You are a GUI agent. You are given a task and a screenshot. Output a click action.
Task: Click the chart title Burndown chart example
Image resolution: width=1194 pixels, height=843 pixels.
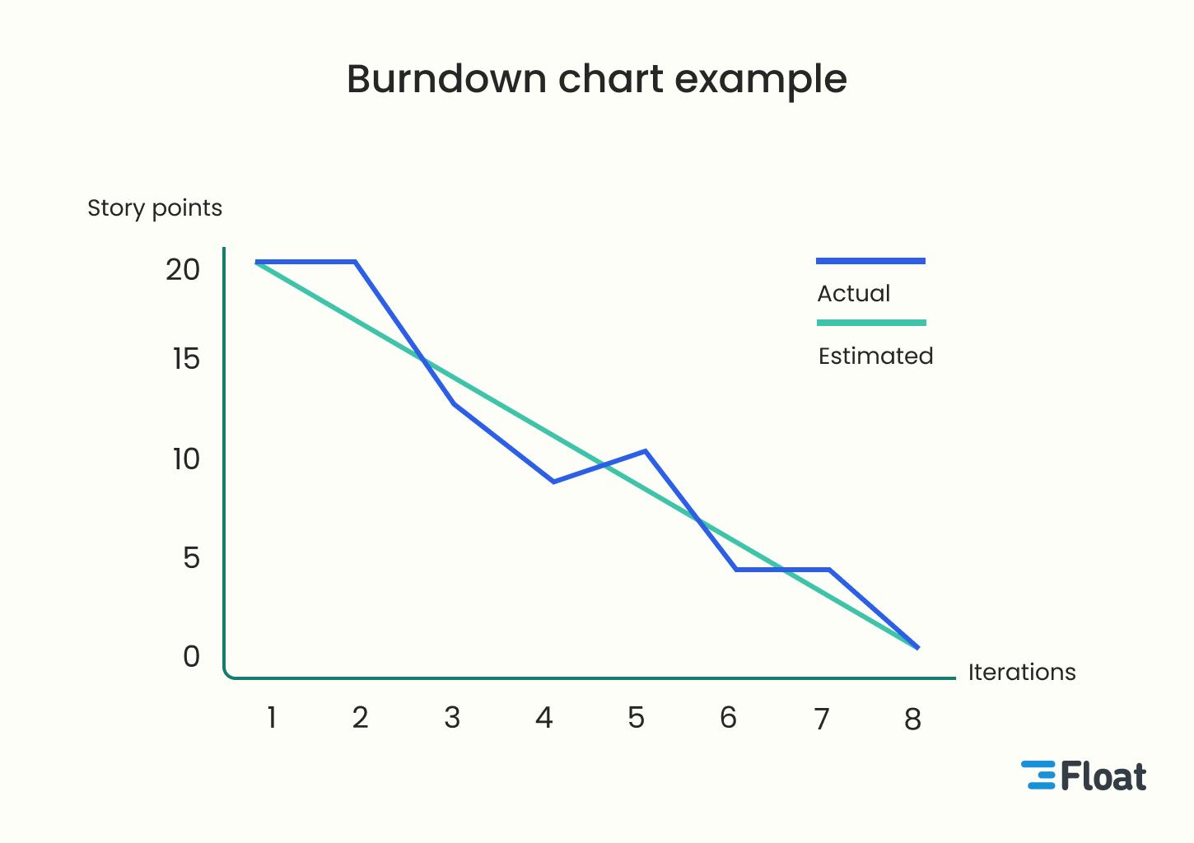tap(596, 80)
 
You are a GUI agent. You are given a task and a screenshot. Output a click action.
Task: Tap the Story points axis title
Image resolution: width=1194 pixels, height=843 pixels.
tap(155, 208)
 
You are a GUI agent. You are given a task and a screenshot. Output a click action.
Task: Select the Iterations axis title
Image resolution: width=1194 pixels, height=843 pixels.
tap(1021, 673)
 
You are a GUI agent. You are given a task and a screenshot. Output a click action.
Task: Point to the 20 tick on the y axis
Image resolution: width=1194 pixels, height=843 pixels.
tap(183, 270)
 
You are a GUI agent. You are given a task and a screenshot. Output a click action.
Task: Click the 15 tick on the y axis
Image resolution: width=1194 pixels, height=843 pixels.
tap(186, 359)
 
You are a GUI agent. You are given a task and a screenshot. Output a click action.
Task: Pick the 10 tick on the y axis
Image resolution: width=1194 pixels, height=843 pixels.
tap(186, 459)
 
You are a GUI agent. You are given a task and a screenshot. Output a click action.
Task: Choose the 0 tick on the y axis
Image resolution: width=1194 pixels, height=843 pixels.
tap(191, 657)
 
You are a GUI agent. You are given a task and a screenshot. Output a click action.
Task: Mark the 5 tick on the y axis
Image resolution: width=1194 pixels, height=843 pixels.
tap(191, 558)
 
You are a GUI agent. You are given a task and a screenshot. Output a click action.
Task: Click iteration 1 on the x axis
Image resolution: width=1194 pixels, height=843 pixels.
tap(271, 718)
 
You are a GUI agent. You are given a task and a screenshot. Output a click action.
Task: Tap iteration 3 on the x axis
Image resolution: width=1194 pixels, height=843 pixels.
tap(452, 718)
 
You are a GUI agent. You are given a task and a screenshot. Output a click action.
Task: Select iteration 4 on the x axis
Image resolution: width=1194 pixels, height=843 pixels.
tap(543, 718)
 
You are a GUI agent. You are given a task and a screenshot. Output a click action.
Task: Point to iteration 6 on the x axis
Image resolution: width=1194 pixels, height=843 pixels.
tap(728, 718)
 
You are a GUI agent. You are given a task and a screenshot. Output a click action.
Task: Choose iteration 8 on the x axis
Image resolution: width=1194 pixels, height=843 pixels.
tap(912, 720)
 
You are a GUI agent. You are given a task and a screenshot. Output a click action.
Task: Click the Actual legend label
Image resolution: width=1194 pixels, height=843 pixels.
tap(854, 294)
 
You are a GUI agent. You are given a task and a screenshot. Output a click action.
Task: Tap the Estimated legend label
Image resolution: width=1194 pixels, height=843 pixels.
tap(875, 356)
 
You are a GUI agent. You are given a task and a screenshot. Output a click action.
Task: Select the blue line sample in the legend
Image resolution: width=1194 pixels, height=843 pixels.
tap(870, 261)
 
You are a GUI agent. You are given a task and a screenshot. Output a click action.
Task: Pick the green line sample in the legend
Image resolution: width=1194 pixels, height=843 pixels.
tap(871, 323)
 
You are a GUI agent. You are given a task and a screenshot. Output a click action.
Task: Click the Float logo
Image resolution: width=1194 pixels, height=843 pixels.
tap(1084, 775)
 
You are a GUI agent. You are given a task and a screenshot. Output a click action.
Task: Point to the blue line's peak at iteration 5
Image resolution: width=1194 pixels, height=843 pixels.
tap(646, 451)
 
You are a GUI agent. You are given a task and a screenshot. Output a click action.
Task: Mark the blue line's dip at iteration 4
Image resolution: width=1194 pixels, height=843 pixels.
tap(553, 482)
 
